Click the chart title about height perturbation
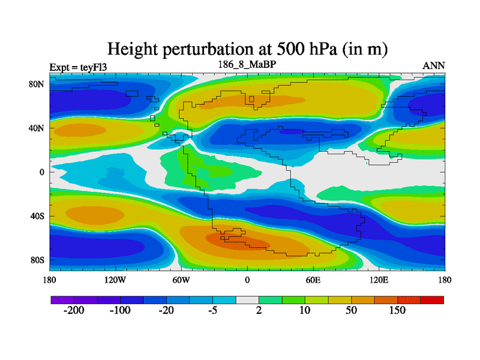pyautogui.click(x=247, y=49)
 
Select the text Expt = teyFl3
pyautogui.click(x=79, y=67)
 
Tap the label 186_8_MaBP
pyautogui.click(x=247, y=64)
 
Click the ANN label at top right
pyautogui.click(x=434, y=65)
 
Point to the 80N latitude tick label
pyautogui.click(x=38, y=84)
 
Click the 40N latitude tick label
pyautogui.click(x=38, y=128)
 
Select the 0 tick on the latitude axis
pyautogui.click(x=43, y=172)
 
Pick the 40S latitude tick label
pyautogui.click(x=38, y=216)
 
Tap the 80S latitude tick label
pyautogui.click(x=38, y=260)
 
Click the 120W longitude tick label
pyautogui.click(x=115, y=280)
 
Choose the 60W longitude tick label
pyautogui.click(x=181, y=280)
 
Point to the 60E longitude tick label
pyautogui.click(x=313, y=280)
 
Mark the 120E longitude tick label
pyautogui.click(x=379, y=280)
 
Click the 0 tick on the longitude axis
pyautogui.click(x=247, y=280)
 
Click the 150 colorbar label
pyautogui.click(x=397, y=311)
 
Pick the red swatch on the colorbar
pyautogui.click(x=432, y=299)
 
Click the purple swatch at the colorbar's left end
pyautogui.click(x=62, y=299)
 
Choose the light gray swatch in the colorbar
pyautogui.click(x=247, y=299)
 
